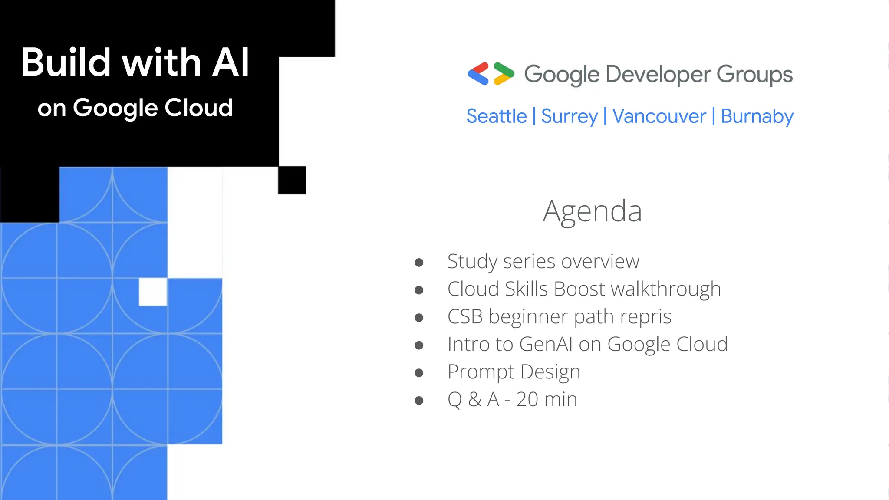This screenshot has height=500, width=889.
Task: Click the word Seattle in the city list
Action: tap(496, 116)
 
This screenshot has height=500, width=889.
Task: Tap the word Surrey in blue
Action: tap(569, 116)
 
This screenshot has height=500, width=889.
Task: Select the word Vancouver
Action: tap(659, 116)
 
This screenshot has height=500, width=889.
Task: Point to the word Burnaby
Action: tap(757, 116)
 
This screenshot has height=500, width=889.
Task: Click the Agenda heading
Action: tap(592, 211)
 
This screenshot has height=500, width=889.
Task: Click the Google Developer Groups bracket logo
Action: tap(491, 74)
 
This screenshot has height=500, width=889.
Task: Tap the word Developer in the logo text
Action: tap(658, 74)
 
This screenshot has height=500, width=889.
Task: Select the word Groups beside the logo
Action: tap(754, 74)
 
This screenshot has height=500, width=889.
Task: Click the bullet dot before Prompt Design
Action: tap(419, 372)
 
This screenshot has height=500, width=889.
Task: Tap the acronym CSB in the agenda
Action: tap(465, 316)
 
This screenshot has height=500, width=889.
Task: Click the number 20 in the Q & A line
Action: tap(527, 399)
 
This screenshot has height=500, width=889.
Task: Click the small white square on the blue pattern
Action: tap(153, 292)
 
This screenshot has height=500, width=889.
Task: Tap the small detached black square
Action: tap(292, 180)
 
